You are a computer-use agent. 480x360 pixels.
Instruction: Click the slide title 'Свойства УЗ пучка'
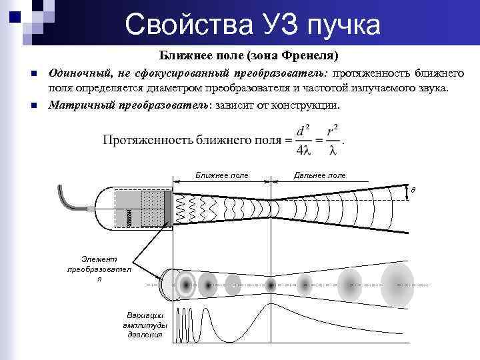tap(253, 25)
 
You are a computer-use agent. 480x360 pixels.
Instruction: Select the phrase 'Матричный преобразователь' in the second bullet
tap(129, 105)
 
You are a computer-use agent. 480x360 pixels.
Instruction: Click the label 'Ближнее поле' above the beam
tap(222, 175)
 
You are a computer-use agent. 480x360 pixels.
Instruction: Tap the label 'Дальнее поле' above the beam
tap(319, 175)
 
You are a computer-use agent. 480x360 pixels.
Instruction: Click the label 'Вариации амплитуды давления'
tap(145, 325)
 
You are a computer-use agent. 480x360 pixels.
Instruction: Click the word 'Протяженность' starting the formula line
tap(143, 140)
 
